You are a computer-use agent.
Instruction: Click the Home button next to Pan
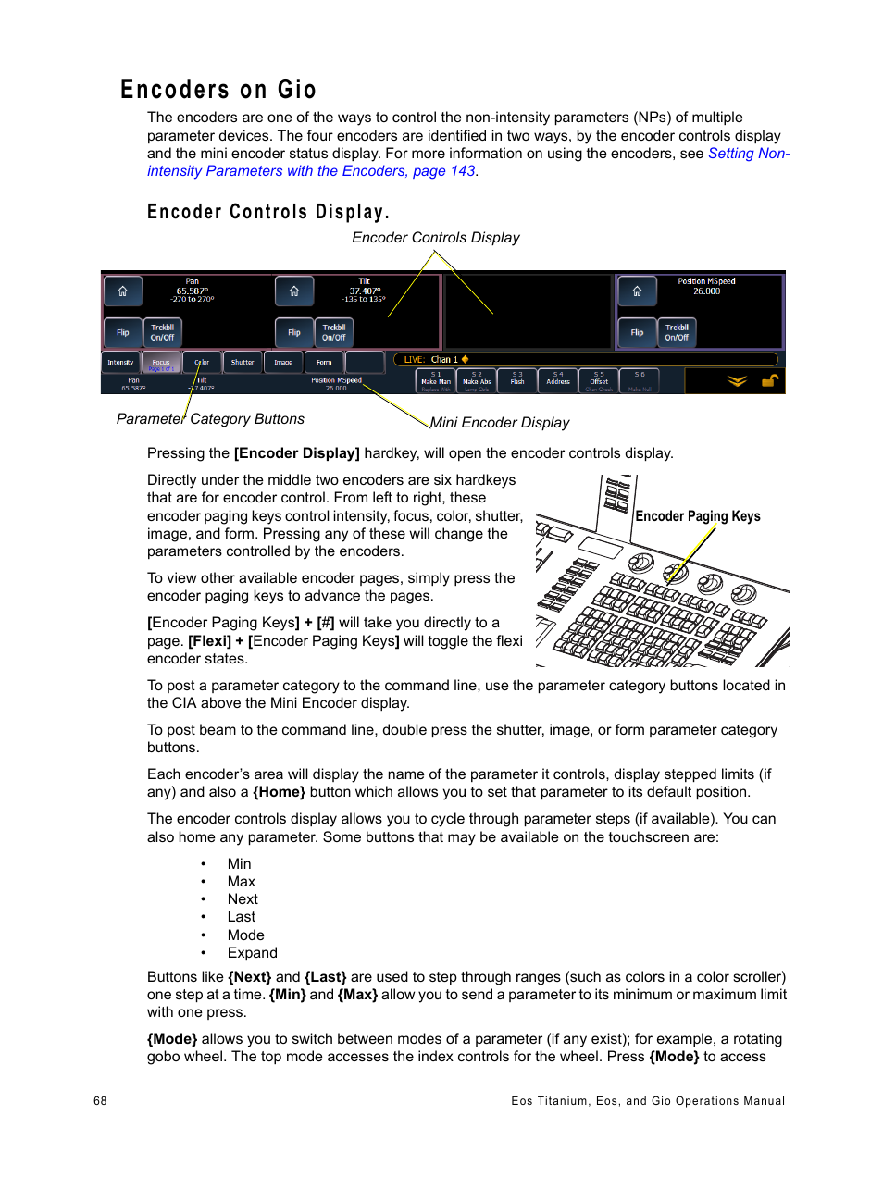[x=122, y=291]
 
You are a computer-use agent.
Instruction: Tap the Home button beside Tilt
[x=293, y=291]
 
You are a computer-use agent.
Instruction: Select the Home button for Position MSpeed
[x=637, y=291]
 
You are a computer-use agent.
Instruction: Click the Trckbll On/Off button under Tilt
[x=334, y=332]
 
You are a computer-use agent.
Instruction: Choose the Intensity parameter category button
[x=120, y=363]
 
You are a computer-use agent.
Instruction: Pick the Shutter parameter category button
[x=243, y=363]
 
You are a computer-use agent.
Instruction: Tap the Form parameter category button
[x=324, y=363]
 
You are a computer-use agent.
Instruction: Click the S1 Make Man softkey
[x=436, y=379]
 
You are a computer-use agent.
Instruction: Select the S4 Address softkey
[x=558, y=379]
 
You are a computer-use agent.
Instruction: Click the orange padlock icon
[x=769, y=380]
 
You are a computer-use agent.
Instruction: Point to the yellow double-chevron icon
[x=737, y=380]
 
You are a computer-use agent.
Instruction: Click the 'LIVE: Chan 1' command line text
[x=431, y=359]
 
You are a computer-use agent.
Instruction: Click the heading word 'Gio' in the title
[x=296, y=90]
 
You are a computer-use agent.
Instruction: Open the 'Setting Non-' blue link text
[x=748, y=154]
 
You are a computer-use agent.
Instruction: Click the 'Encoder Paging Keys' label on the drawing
[x=698, y=516]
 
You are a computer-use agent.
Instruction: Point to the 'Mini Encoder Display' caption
[x=500, y=423]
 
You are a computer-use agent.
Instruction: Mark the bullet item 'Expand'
[x=252, y=953]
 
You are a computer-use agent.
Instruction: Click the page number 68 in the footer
[x=100, y=1101]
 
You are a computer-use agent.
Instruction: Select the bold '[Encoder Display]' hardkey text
[x=296, y=453]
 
